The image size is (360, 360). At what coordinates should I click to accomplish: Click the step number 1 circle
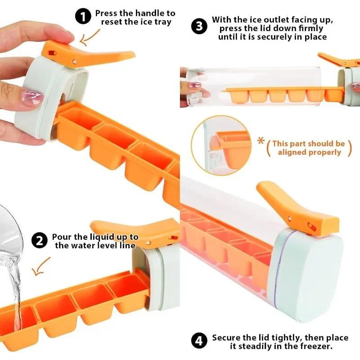pos(82,18)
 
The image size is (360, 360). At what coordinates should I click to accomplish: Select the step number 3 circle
pos(199,26)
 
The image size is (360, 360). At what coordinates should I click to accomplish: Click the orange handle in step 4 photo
pos(297,207)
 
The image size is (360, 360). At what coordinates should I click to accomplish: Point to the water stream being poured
pos(15,292)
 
